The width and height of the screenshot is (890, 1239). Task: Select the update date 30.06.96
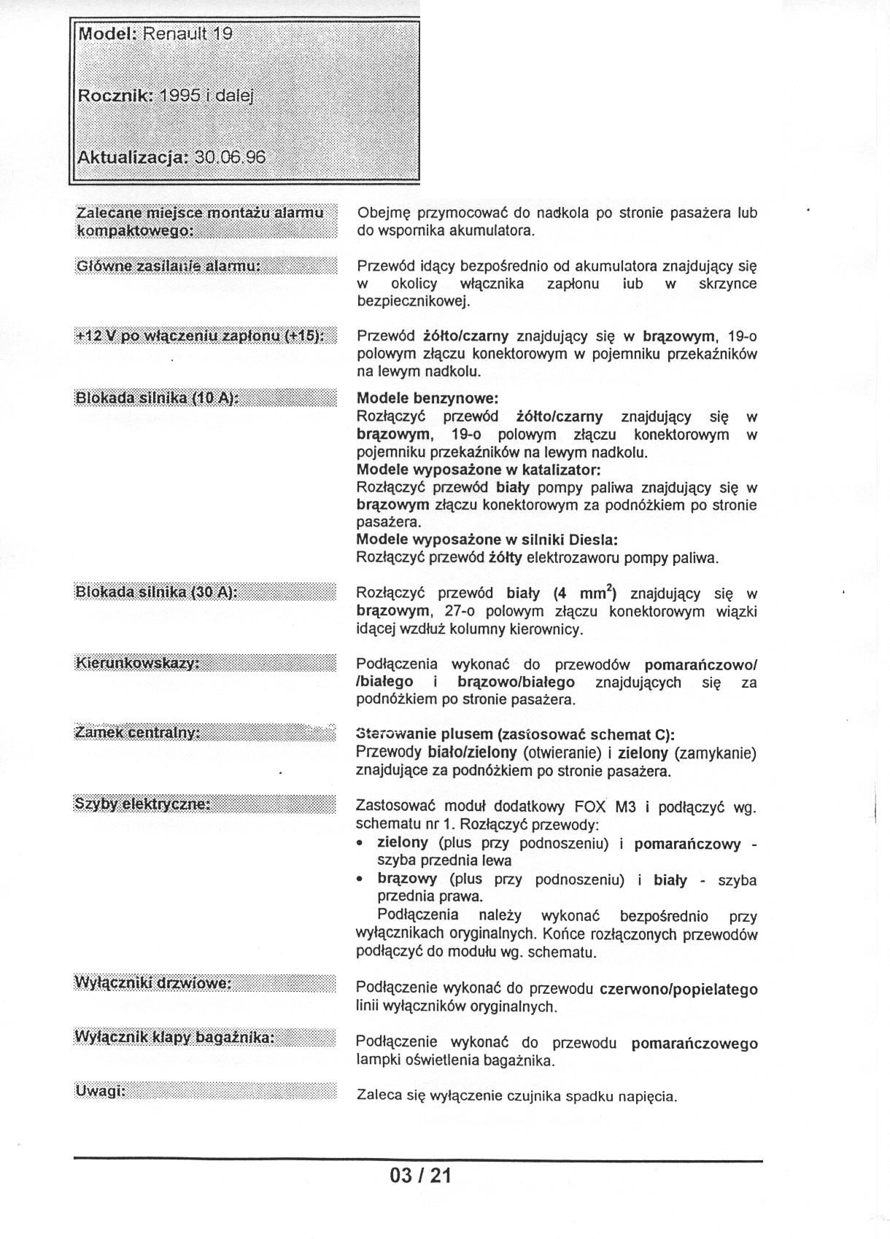click(228, 158)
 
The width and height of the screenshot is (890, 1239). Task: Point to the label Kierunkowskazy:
click(138, 663)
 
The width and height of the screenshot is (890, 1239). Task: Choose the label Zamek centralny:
click(138, 732)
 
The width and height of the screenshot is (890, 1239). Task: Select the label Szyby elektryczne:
click(142, 804)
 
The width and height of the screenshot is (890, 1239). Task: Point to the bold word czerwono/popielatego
click(678, 990)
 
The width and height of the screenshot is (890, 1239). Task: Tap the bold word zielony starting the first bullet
click(403, 843)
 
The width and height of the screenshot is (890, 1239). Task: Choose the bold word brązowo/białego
click(516, 682)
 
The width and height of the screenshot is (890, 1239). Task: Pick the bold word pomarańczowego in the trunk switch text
click(694, 1044)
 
